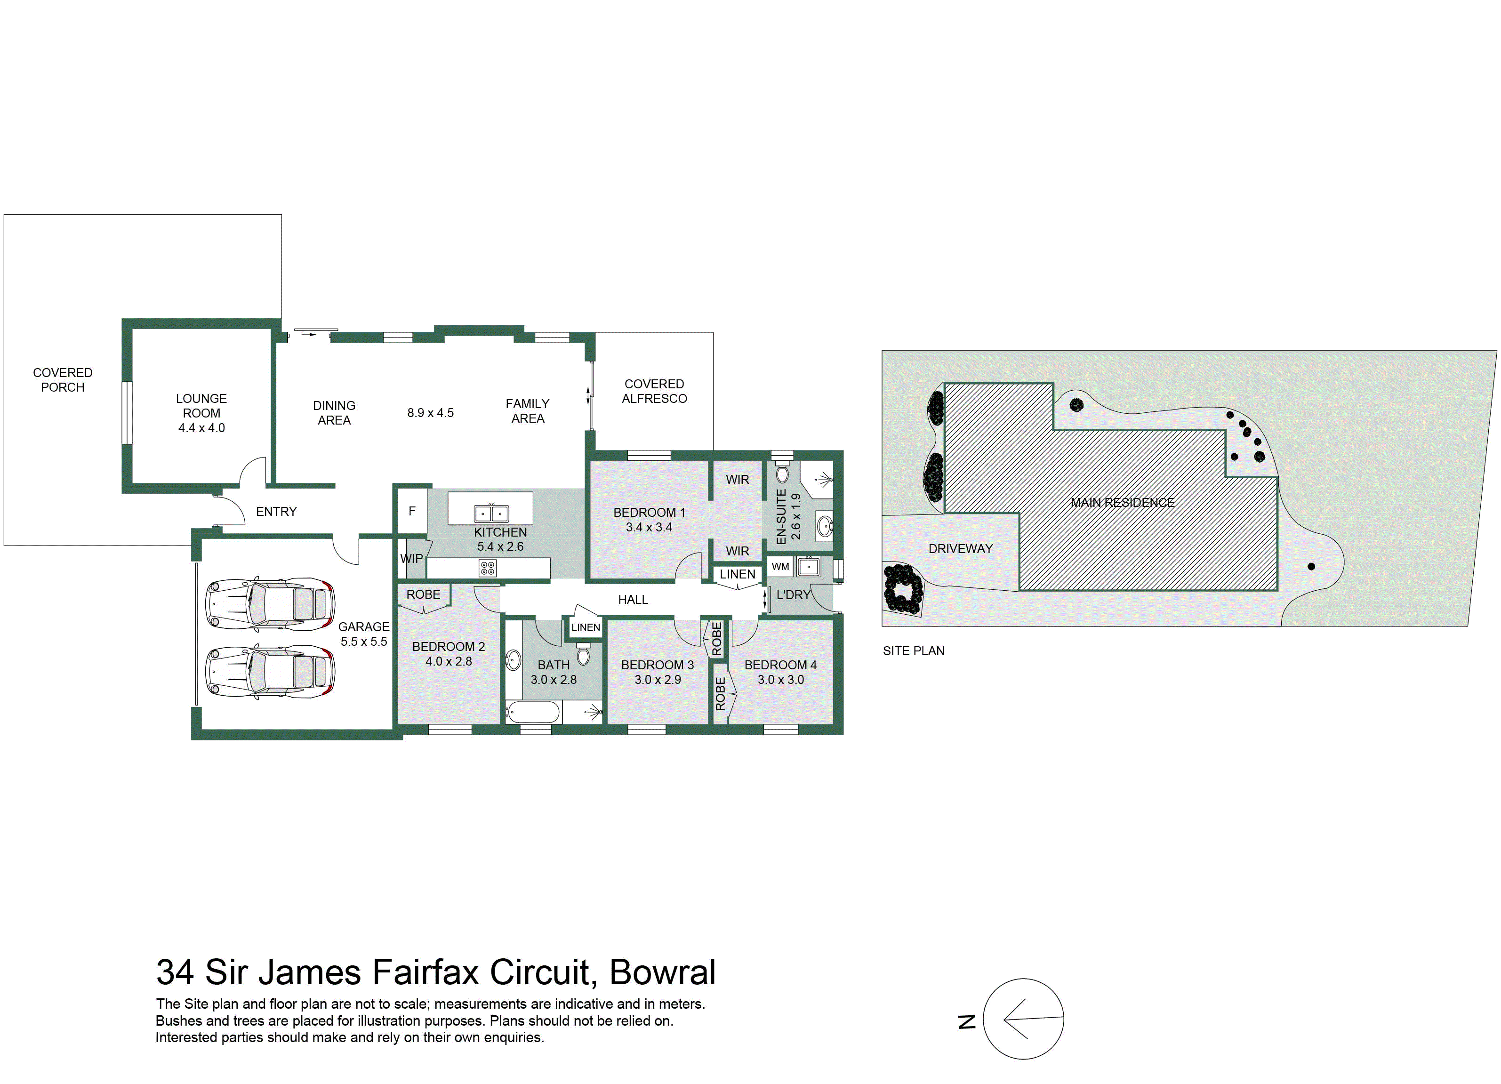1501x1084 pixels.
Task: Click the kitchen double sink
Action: (491, 513)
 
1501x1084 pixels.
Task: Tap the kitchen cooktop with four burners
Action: (488, 568)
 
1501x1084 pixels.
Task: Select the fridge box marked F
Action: (412, 511)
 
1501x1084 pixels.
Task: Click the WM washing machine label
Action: (780, 567)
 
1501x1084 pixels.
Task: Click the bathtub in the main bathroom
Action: (533, 713)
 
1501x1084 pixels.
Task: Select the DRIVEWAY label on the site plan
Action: (960, 549)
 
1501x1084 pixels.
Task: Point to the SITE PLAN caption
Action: (913, 650)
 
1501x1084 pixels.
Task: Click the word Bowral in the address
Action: (662, 972)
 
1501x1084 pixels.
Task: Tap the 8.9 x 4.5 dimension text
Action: (430, 413)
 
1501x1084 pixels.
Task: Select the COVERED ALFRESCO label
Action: (654, 391)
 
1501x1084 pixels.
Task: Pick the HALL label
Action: (633, 600)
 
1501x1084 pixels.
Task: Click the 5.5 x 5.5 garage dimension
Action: (363, 641)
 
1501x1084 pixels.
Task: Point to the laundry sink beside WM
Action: (808, 567)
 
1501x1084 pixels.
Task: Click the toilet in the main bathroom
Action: (582, 653)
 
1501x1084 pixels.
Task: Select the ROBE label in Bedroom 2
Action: (423, 594)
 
